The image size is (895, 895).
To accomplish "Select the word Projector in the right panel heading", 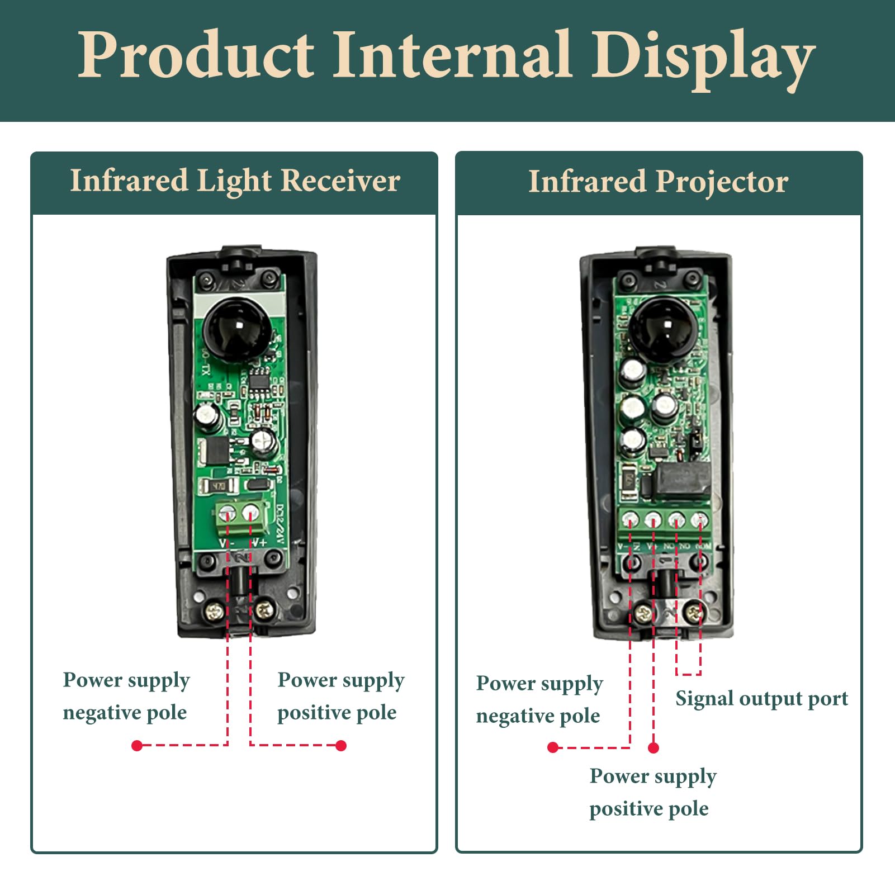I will tap(722, 182).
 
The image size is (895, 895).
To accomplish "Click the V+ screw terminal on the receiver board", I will tap(252, 512).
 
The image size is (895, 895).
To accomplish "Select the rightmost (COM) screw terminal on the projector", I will tap(699, 520).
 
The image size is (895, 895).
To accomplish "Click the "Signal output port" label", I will tap(761, 699).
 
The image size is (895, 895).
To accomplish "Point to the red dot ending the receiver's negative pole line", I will tap(137, 745).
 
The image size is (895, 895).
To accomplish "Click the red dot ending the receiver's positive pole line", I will tap(341, 745).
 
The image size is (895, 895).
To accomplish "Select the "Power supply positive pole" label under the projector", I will tap(652, 792).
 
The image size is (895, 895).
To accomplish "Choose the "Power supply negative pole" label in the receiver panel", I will tap(126, 696).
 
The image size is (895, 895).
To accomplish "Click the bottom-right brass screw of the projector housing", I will tap(694, 613).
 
